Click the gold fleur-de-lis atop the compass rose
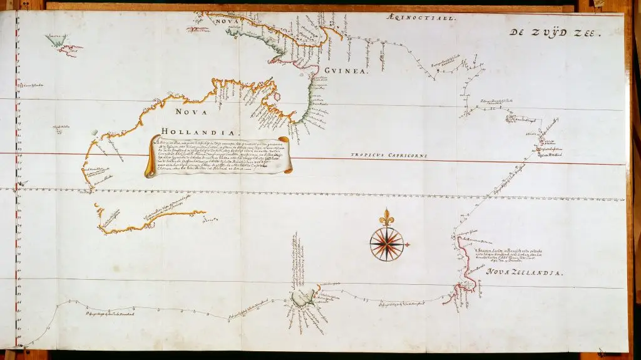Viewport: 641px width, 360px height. (x=386, y=217)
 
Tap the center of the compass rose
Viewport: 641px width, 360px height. (x=386, y=244)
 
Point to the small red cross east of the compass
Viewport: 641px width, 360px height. (x=408, y=244)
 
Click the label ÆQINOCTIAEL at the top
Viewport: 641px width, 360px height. (x=423, y=19)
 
